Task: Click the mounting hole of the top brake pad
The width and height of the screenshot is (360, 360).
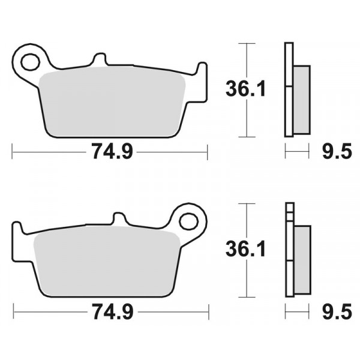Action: point(31,62)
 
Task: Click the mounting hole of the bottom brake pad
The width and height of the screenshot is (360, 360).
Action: point(189,222)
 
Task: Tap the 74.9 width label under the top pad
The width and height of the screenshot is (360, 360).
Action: point(112,151)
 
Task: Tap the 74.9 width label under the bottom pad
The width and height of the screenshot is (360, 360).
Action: point(113,311)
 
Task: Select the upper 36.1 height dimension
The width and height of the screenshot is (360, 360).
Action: point(245,88)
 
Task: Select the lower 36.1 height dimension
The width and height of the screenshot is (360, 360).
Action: point(245,248)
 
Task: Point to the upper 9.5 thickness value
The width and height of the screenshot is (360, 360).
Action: point(337,151)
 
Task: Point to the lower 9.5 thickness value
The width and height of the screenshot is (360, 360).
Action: point(337,311)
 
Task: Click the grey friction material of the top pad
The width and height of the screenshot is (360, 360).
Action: point(112,101)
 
